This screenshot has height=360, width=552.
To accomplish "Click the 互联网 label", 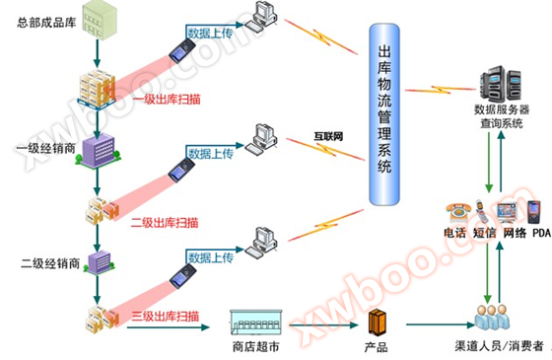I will pyautogui.click(x=327, y=136).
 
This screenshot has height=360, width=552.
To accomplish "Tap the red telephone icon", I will pyautogui.click(x=455, y=211).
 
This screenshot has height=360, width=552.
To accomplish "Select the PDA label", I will pyautogui.click(x=540, y=233).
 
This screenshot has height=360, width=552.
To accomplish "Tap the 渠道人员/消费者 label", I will pyautogui.click(x=492, y=347).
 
